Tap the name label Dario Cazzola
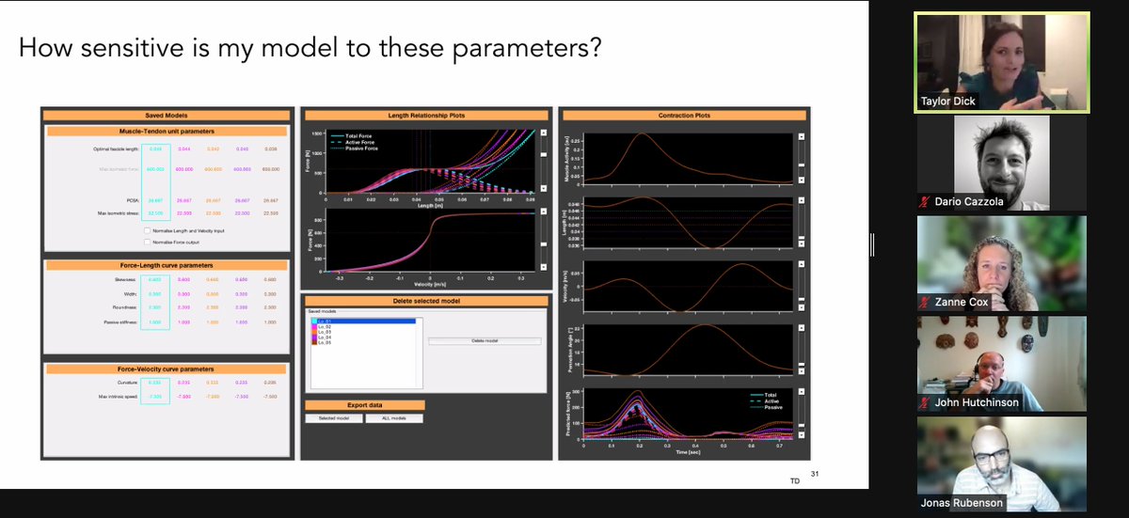tap(972, 202)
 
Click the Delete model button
tap(485, 341)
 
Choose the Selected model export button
tap(334, 418)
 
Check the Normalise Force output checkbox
tap(146, 242)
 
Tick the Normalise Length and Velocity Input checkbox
tap(146, 230)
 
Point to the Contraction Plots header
tap(684, 116)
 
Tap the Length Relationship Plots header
tap(426, 116)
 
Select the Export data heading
tap(364, 405)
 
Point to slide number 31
tap(815, 474)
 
